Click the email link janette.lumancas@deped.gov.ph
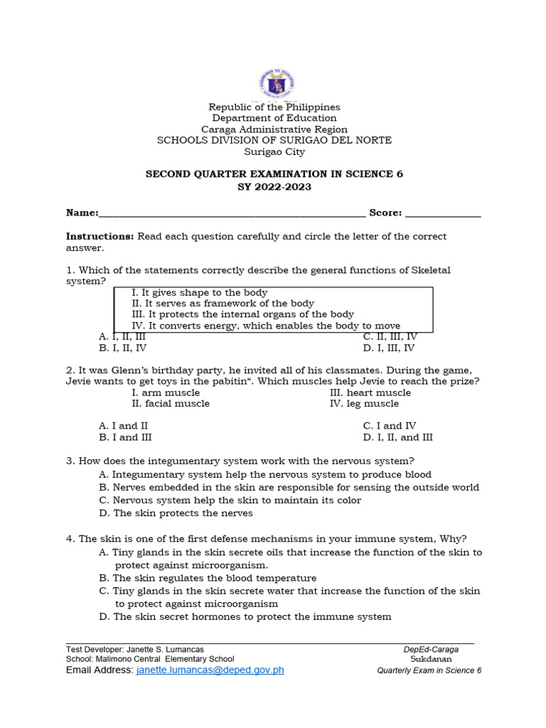(210, 670)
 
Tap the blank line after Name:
(232, 213)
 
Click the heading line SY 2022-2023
(274, 187)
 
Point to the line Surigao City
(274, 151)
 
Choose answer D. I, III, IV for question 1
(388, 348)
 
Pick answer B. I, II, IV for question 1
(123, 348)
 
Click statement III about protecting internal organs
(242, 314)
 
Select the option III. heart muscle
(370, 392)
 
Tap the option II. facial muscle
(171, 403)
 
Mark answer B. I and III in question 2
(125, 437)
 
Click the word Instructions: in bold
(100, 236)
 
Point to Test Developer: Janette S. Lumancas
(135, 649)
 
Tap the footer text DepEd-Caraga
(431, 649)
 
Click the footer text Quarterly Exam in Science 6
(429, 670)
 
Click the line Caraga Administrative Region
(274, 129)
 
